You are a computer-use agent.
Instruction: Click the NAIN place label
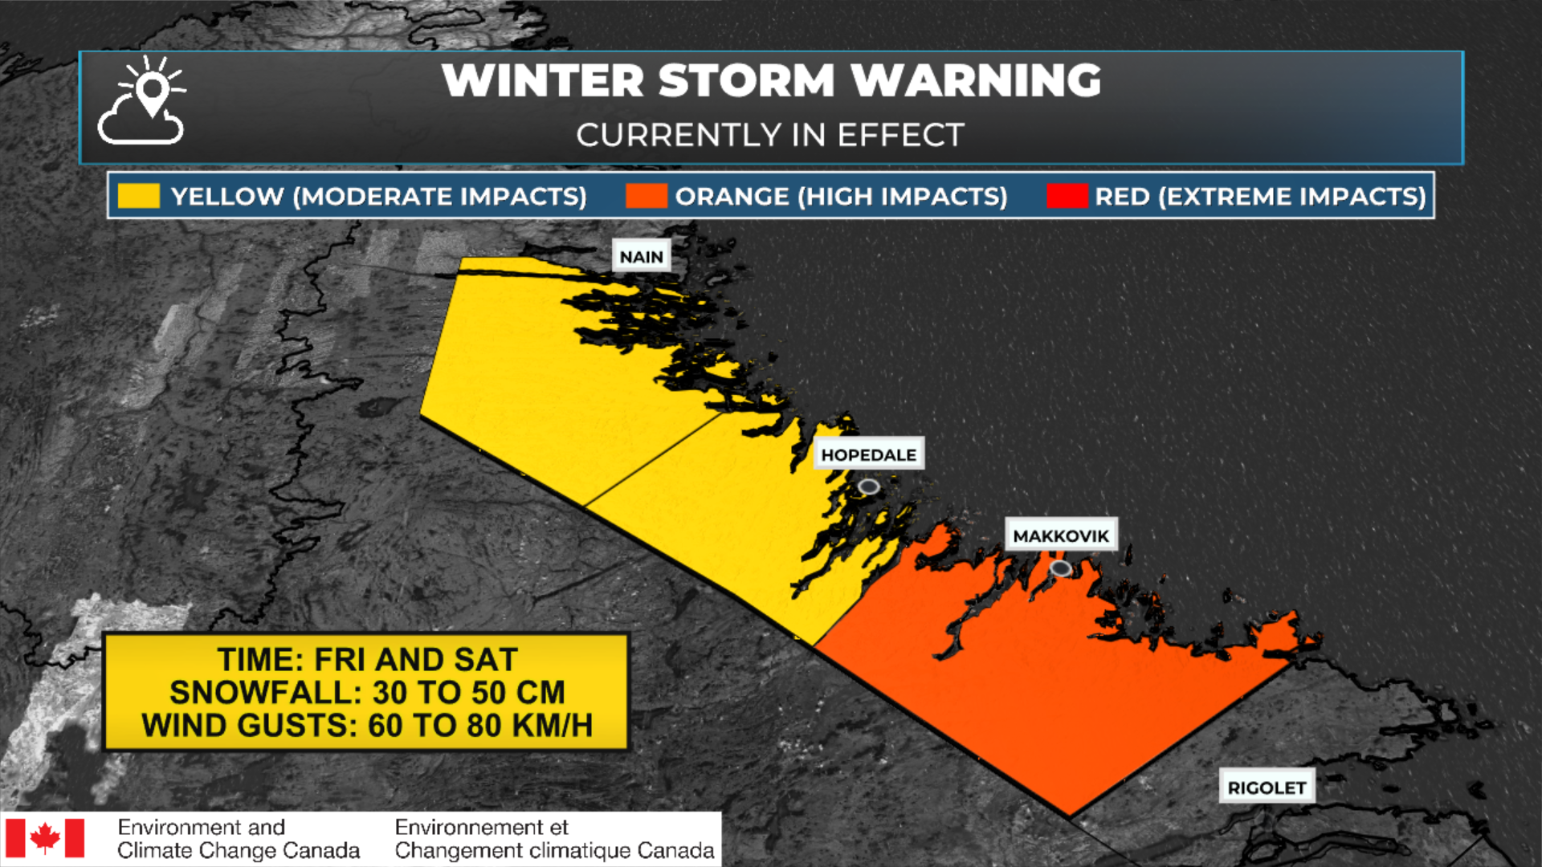pos(641,257)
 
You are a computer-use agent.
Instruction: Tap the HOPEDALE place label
pos(868,454)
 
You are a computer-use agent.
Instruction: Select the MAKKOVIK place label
pos(1060,535)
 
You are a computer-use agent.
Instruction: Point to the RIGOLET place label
pos(1267,788)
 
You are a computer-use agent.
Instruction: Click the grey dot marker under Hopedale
pos(868,486)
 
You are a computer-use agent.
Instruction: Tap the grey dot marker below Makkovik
pos(1061,568)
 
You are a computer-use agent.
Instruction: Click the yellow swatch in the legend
pos(138,196)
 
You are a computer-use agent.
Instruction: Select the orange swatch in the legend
pos(646,196)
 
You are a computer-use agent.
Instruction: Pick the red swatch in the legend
pos(1067,196)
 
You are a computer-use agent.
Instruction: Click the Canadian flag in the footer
pos(45,838)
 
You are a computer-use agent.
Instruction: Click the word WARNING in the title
pos(976,80)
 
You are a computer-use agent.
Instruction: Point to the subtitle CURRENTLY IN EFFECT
pos(769,135)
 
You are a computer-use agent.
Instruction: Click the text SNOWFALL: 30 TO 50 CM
pos(367,692)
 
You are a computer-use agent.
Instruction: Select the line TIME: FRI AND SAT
pos(367,659)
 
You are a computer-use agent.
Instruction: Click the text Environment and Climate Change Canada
pos(238,839)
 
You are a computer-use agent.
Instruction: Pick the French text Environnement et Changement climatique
pos(554,839)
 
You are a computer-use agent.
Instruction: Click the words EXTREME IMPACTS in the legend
pos(1291,196)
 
